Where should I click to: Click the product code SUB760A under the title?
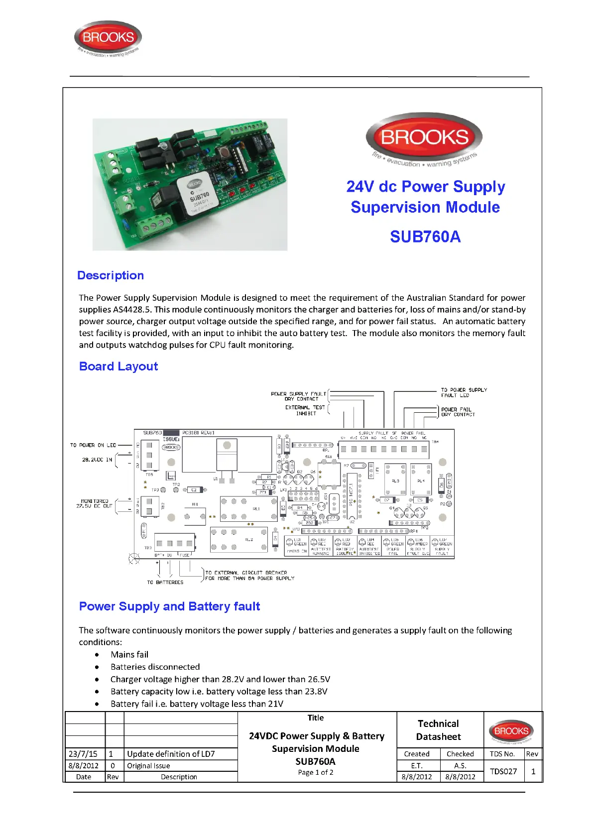click(425, 237)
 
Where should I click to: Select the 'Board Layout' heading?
click(119, 366)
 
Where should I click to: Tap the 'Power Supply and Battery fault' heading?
click(169, 606)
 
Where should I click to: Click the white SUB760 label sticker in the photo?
click(197, 197)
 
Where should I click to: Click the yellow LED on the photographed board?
click(270, 178)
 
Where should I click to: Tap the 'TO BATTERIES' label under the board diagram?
click(165, 582)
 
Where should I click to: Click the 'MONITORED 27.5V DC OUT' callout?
click(95, 503)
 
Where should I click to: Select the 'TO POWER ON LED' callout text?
click(93, 445)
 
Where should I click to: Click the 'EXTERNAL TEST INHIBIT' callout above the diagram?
click(305, 410)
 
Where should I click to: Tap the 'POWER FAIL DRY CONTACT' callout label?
click(458, 412)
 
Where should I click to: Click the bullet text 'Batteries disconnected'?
click(155, 667)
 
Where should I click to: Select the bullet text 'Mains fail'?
click(129, 654)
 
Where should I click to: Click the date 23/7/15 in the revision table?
click(83, 754)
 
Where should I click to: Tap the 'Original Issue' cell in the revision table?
click(148, 766)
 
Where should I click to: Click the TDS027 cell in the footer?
click(503, 771)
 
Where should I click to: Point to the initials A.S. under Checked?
click(460, 766)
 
